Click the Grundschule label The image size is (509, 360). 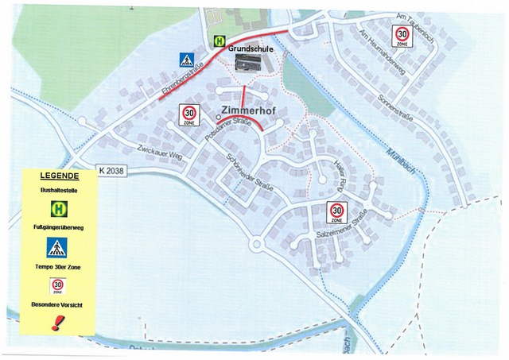(251, 48)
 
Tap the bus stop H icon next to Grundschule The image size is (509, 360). (218, 42)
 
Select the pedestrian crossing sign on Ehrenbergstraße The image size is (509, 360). (186, 59)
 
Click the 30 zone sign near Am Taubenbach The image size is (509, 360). (402, 36)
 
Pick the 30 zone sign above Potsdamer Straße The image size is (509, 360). (189, 114)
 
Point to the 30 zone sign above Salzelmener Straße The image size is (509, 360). (337, 211)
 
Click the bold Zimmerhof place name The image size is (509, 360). (248, 112)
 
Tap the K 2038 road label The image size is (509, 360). (113, 170)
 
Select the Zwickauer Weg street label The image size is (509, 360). (159, 153)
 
